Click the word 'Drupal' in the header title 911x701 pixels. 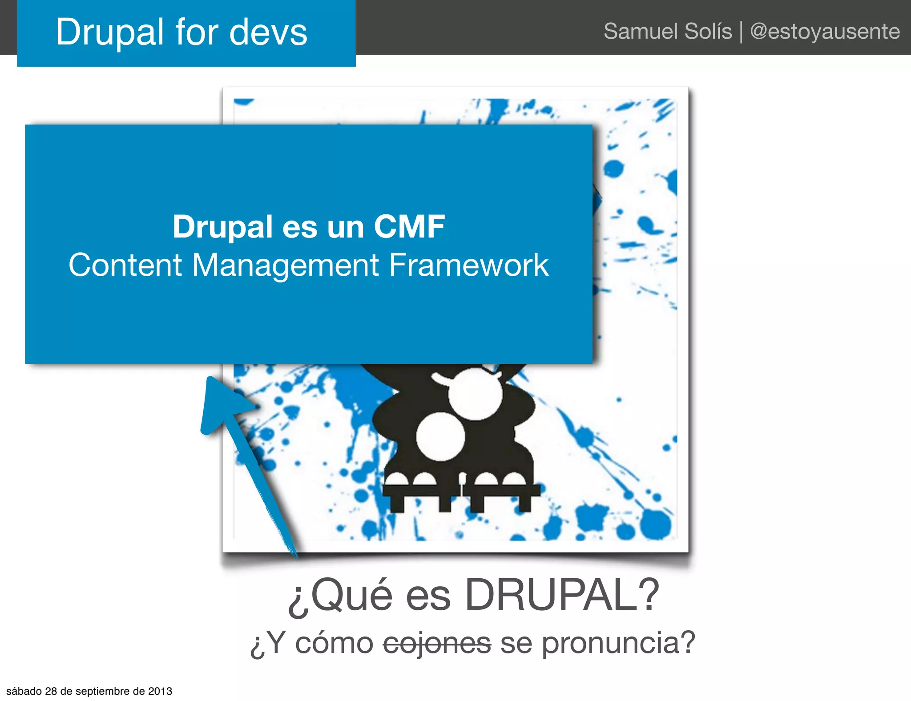110,32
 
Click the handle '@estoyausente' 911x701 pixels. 825,31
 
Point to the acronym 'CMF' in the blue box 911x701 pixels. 409,226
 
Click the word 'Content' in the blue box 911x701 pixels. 125,265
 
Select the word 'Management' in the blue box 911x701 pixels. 286,265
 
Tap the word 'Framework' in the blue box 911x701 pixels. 469,265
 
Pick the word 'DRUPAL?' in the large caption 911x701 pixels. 561,595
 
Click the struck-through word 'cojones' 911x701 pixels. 437,643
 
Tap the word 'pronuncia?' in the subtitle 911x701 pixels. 618,643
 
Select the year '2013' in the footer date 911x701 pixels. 160,691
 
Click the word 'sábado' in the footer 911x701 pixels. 24,691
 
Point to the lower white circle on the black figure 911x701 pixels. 440,436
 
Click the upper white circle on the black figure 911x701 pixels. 475,394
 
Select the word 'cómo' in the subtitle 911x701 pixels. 334,643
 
